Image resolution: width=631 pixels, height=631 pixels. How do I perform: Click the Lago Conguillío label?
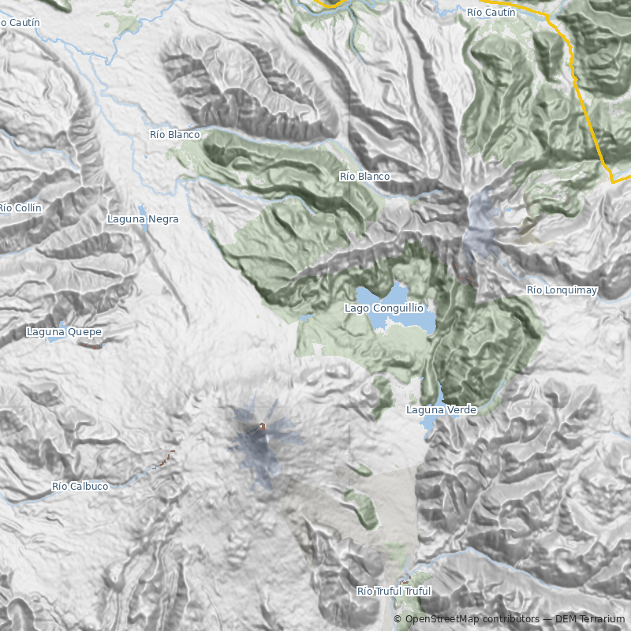click(x=384, y=308)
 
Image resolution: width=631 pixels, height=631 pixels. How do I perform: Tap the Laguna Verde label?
click(x=441, y=410)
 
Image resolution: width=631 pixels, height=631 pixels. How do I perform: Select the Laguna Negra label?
click(x=143, y=219)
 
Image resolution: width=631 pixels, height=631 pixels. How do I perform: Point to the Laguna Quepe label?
click(x=64, y=332)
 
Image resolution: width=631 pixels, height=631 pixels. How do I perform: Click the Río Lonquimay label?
click(x=562, y=290)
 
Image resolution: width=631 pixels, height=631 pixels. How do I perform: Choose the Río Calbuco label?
click(x=80, y=487)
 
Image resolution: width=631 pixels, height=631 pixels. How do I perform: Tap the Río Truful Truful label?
click(x=394, y=591)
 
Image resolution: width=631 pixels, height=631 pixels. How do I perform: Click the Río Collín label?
click(x=20, y=207)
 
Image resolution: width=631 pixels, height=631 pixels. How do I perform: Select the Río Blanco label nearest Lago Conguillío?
click(x=364, y=176)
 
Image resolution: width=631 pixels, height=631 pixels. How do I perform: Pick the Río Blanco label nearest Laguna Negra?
click(x=174, y=135)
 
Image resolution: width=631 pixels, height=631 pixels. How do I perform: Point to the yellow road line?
click(x=584, y=103)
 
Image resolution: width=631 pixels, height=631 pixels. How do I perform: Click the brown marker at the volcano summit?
click(x=262, y=427)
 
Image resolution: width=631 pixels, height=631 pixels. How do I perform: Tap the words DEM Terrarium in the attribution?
click(x=584, y=619)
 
